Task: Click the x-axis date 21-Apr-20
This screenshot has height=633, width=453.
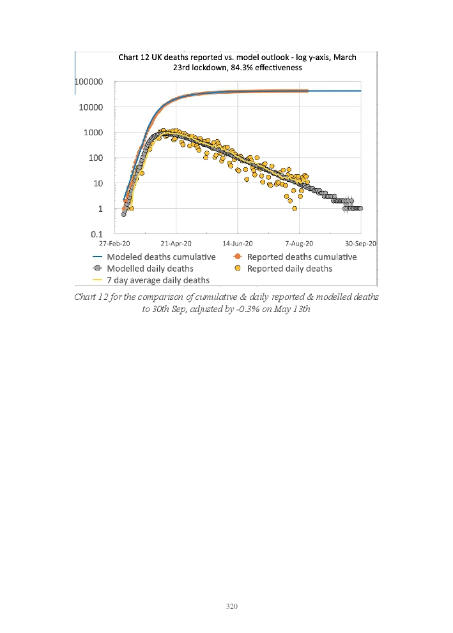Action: point(176,244)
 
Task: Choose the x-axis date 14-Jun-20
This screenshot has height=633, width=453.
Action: point(238,244)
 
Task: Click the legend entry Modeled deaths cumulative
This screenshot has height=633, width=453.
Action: point(161,257)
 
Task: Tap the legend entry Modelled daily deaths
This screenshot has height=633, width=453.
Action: point(150,269)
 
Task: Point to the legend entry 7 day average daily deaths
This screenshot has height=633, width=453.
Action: point(158,280)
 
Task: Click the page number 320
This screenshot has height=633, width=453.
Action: point(232,606)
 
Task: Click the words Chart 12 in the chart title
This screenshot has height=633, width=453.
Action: point(135,57)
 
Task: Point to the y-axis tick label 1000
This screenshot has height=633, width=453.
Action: point(94,133)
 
